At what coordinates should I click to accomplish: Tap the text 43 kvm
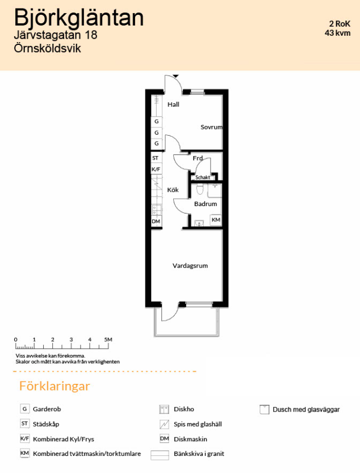tap(338, 33)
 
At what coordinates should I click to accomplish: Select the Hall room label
tap(174, 104)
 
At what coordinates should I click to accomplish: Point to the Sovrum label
tap(212, 127)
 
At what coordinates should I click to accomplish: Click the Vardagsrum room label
tap(190, 266)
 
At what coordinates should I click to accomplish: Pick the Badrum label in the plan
tap(206, 204)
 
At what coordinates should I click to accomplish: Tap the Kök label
tap(173, 190)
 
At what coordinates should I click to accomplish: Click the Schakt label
tap(203, 177)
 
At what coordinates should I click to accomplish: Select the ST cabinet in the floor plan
tap(156, 158)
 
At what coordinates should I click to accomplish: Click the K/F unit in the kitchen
tap(156, 169)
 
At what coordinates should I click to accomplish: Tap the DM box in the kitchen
tap(156, 221)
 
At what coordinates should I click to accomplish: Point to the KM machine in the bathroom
tap(216, 220)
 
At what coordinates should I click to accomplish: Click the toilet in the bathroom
tap(200, 190)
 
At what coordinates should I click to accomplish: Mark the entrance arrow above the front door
tap(175, 76)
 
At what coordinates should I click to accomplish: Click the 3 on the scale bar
tap(71, 340)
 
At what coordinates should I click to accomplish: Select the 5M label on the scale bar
tap(108, 340)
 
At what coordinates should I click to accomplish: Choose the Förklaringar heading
tap(55, 386)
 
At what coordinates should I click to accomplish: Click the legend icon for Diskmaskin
tap(164, 438)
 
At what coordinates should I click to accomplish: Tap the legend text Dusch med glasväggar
tap(306, 409)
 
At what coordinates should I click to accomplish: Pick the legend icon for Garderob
tap(24, 409)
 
